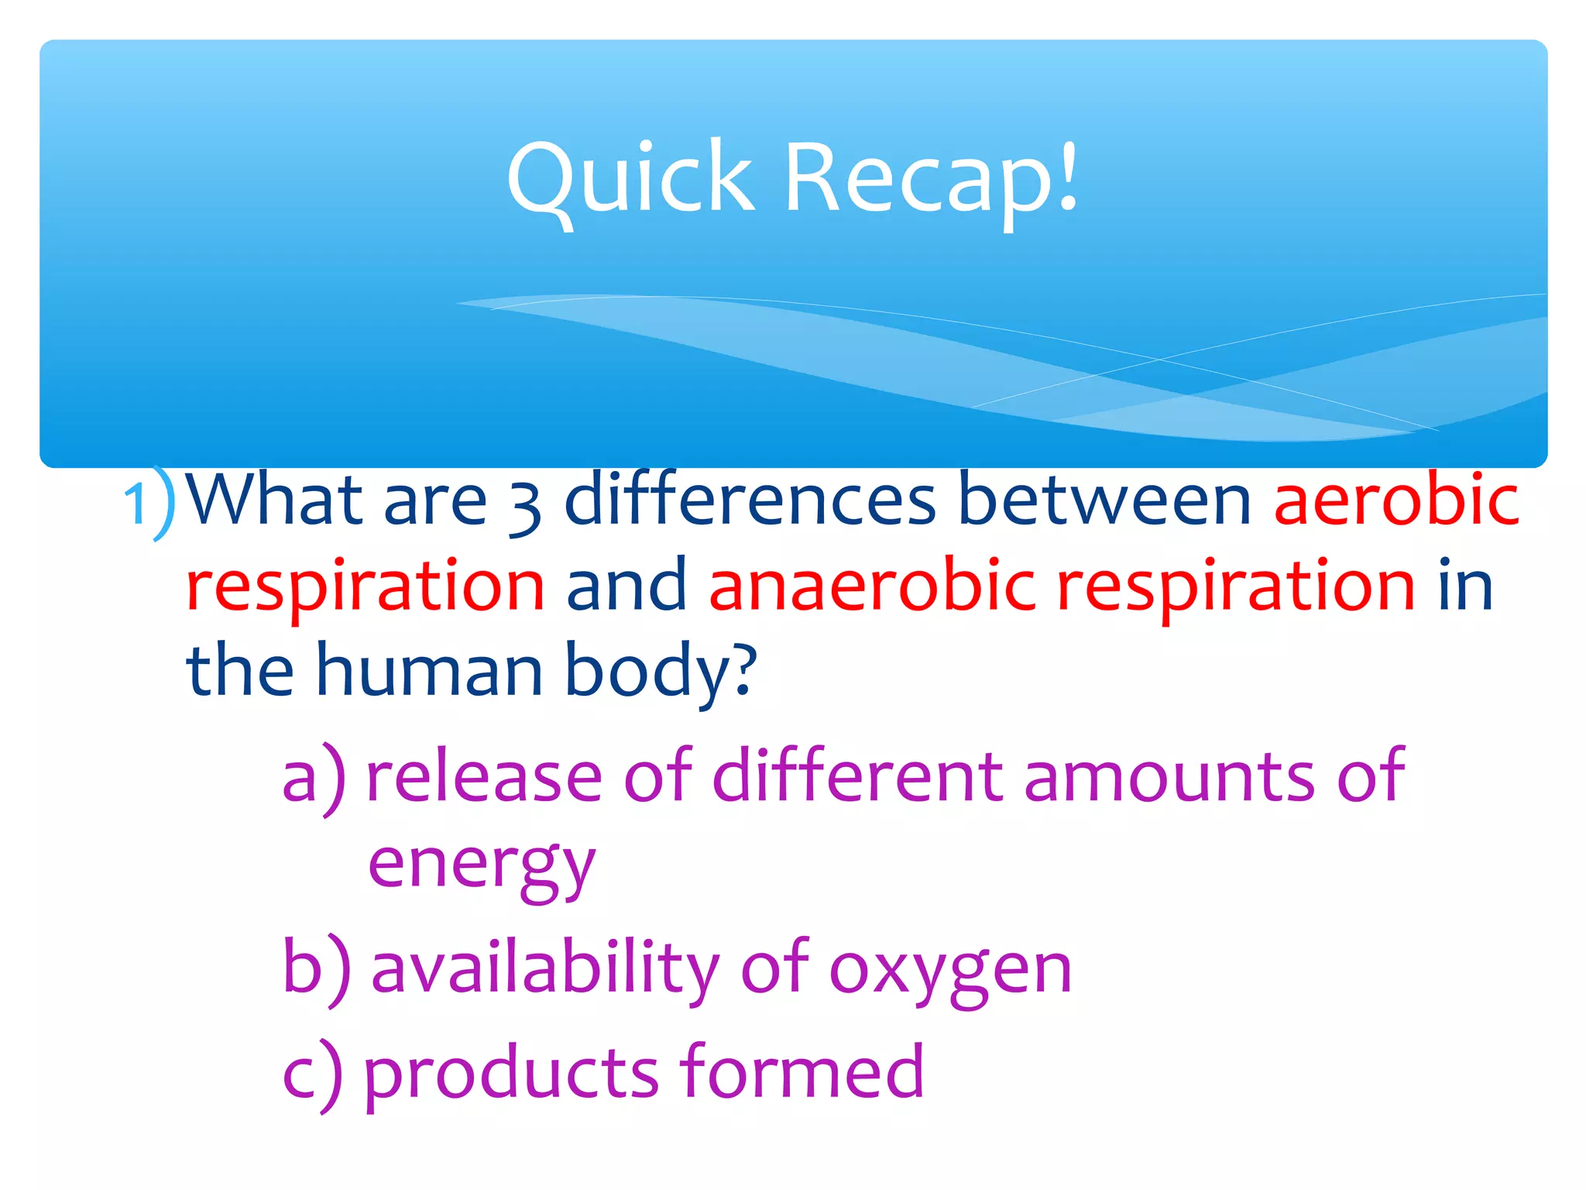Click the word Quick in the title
(630, 178)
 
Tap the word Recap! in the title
(932, 178)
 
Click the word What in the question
(275, 500)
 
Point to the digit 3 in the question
(525, 507)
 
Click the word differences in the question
(750, 500)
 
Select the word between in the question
(1104, 500)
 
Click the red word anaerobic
(871, 585)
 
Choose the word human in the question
(429, 670)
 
